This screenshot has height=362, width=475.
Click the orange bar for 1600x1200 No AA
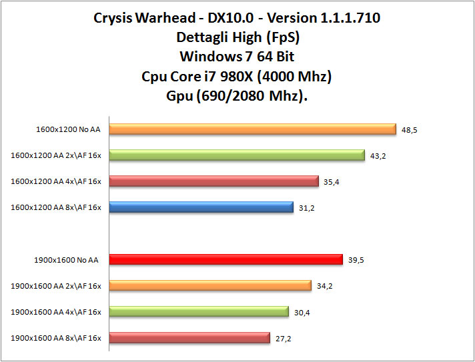252,129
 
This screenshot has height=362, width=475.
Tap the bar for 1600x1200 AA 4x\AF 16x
213,181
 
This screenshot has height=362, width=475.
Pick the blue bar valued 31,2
201,207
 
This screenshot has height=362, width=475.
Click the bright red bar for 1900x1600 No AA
225,259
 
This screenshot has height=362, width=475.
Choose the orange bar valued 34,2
210,285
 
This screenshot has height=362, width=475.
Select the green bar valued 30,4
198,311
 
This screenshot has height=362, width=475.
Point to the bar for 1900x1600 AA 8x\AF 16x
189,338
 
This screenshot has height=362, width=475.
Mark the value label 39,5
356,260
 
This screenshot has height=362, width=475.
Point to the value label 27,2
283,339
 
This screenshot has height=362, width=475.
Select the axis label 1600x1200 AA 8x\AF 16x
56,208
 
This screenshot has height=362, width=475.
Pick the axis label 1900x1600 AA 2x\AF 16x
56,286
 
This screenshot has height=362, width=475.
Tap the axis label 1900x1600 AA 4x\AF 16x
56,312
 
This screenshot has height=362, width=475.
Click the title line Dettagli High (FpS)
237,37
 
